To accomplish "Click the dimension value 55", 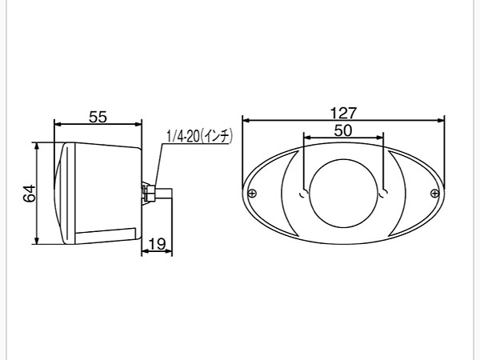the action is (98, 117).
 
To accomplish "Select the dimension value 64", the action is (30, 194).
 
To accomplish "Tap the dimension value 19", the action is (157, 244).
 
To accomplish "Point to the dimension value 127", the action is (343, 113).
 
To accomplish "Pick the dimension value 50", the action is (343, 130).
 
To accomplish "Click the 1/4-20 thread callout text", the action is (199, 136).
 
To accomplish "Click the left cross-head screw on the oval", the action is (252, 193).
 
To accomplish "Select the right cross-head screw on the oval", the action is (434, 193).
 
